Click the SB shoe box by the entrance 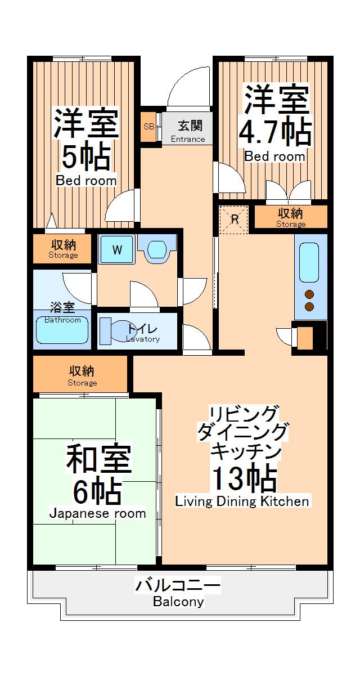[x=149, y=127]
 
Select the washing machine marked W [x=117, y=250]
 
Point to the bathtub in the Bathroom [x=62, y=330]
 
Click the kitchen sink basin [x=309, y=262]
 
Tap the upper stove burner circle [x=309, y=294]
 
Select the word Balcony [x=178, y=602]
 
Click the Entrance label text [x=188, y=139]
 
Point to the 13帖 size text [x=244, y=480]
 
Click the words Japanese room [x=97, y=513]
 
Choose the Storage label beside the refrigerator [x=291, y=224]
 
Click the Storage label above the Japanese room [x=82, y=383]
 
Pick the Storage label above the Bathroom [x=63, y=255]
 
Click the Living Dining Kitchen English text [x=242, y=501]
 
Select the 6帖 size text [x=97, y=491]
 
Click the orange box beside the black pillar [x=304, y=339]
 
